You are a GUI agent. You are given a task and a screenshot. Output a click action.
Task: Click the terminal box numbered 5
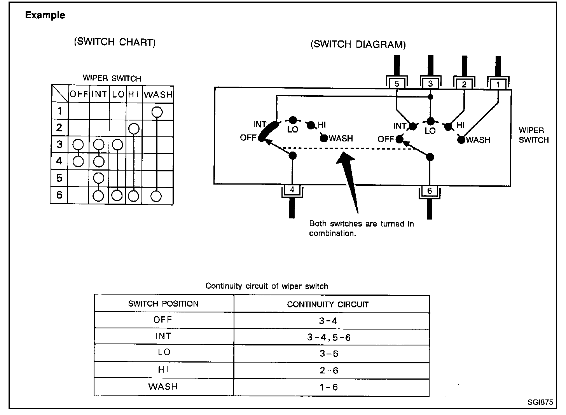pyautogui.click(x=397, y=84)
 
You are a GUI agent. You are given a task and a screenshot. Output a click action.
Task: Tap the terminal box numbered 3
pyautogui.click(x=430, y=84)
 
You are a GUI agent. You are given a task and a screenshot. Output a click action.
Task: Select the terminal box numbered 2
pyautogui.click(x=464, y=84)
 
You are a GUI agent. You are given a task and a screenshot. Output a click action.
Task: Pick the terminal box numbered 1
pyautogui.click(x=498, y=84)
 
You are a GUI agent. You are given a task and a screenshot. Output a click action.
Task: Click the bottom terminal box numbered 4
pyautogui.click(x=292, y=190)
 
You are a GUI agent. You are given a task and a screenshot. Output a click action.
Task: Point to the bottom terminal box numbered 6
pyautogui.click(x=430, y=191)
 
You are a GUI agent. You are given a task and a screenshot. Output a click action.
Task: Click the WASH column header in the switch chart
pyautogui.click(x=158, y=94)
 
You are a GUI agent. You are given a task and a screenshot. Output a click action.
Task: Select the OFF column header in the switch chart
pyautogui.click(x=79, y=94)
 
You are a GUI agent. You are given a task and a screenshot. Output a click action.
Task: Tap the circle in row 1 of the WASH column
pyautogui.click(x=157, y=112)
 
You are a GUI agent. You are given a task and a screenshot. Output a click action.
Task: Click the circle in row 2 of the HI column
pyautogui.click(x=133, y=128)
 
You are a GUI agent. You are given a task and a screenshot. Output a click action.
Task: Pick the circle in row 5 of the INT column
pyautogui.click(x=99, y=178)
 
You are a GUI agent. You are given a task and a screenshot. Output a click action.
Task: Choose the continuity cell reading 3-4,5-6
pyautogui.click(x=329, y=337)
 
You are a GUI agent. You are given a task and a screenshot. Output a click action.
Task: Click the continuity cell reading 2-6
pyautogui.click(x=329, y=370)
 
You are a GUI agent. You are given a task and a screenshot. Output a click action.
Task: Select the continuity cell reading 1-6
pyautogui.click(x=329, y=387)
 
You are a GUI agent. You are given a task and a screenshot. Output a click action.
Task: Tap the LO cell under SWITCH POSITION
pyautogui.click(x=164, y=352)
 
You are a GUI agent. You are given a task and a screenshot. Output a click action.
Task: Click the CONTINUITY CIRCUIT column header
pyautogui.click(x=328, y=304)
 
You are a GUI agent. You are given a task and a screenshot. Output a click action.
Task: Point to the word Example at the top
pyautogui.click(x=45, y=16)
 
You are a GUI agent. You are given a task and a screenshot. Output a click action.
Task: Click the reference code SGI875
pyautogui.click(x=540, y=403)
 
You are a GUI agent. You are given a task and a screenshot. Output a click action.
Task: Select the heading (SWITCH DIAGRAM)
pyautogui.click(x=358, y=44)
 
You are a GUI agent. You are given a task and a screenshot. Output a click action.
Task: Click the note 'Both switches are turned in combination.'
pyautogui.click(x=361, y=228)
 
